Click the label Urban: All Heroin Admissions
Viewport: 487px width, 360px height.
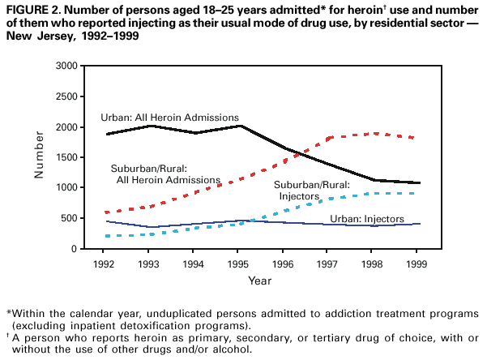(x=169, y=118)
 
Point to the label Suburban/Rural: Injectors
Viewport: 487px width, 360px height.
(x=312, y=190)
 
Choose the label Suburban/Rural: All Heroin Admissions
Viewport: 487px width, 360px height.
(x=165, y=174)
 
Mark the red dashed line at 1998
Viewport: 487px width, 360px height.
(x=374, y=133)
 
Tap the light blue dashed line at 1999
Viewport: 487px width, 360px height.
(x=417, y=193)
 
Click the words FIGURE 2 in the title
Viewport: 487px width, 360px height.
(x=32, y=9)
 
